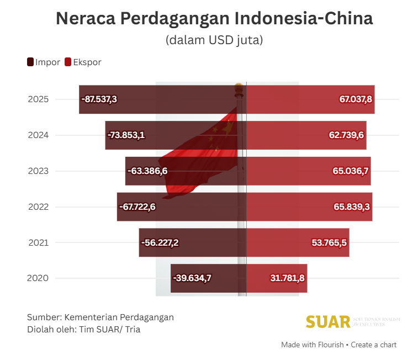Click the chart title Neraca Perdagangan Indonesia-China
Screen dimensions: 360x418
pos(214,19)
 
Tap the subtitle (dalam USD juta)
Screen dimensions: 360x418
pos(214,40)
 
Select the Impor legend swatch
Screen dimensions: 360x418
pos(30,62)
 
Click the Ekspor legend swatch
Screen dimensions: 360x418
pos(68,62)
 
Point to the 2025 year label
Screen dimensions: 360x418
pos(38,99)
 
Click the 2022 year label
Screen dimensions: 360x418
pos(38,207)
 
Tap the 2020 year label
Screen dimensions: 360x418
pos(38,278)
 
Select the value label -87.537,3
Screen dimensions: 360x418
pos(99,99)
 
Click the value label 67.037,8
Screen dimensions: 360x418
pos(356,99)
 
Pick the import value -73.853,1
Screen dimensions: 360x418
pos(126,135)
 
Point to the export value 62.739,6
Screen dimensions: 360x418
pos(347,135)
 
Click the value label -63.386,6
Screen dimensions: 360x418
pos(147,171)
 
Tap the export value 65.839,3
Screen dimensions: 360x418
pos(352,207)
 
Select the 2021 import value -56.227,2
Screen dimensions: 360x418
pos(160,242)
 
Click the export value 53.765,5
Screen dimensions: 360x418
pos(329,242)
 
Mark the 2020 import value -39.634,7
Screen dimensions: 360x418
pos(192,278)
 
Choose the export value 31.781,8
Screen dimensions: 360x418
pos(287,278)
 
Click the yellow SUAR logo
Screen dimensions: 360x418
pos(329,321)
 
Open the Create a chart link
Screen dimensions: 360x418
pos(374,345)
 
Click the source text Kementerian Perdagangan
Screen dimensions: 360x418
pos(119,317)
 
